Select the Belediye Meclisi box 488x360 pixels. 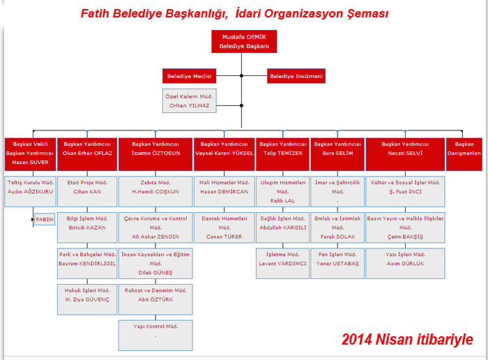pyautogui.click(x=189, y=76)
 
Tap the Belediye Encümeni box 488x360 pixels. pyautogui.click(x=296, y=76)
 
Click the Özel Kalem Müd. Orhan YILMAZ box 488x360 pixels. pyautogui.click(x=189, y=100)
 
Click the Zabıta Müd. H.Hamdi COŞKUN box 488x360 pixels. pyautogui.click(x=155, y=186)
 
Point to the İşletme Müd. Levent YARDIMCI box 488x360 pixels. pyautogui.click(x=282, y=258)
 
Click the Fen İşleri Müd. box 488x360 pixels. pyautogui.click(x=338, y=258)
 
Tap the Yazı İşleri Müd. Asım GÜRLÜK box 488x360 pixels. pyautogui.click(x=404, y=258)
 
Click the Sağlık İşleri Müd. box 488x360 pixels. pyautogui.click(x=282, y=223)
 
